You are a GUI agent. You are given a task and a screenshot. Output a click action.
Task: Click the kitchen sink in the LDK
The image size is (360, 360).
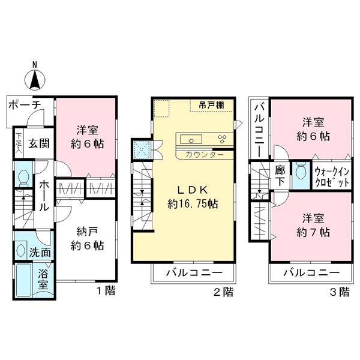point(191,140)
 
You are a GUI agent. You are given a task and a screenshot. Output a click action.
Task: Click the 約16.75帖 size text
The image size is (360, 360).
point(193,203)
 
